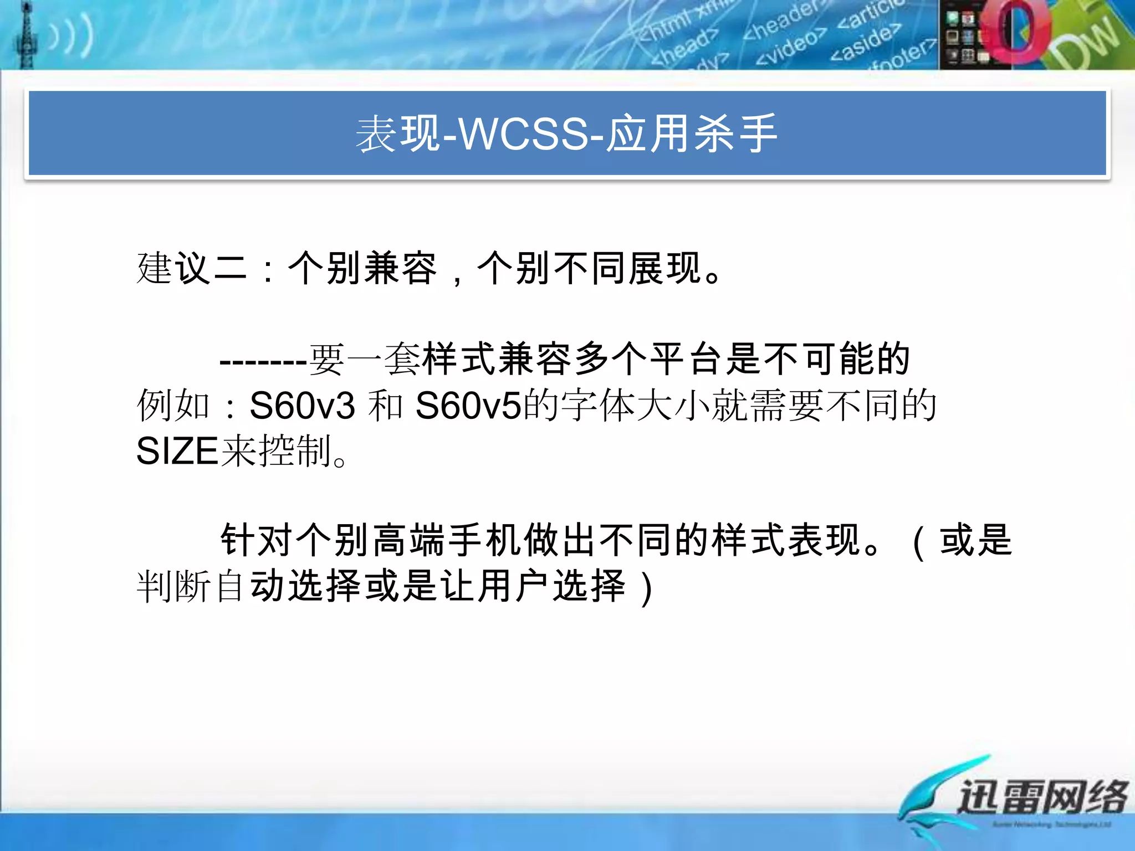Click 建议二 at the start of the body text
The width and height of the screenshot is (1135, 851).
pos(191,269)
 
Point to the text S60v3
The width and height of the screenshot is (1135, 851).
pos(302,406)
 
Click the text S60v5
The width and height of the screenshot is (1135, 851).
pos(468,406)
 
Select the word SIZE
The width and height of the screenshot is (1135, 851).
pos(177,451)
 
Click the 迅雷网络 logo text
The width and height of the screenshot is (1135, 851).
pos(1042,797)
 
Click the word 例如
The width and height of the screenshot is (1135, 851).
pos(173,406)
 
